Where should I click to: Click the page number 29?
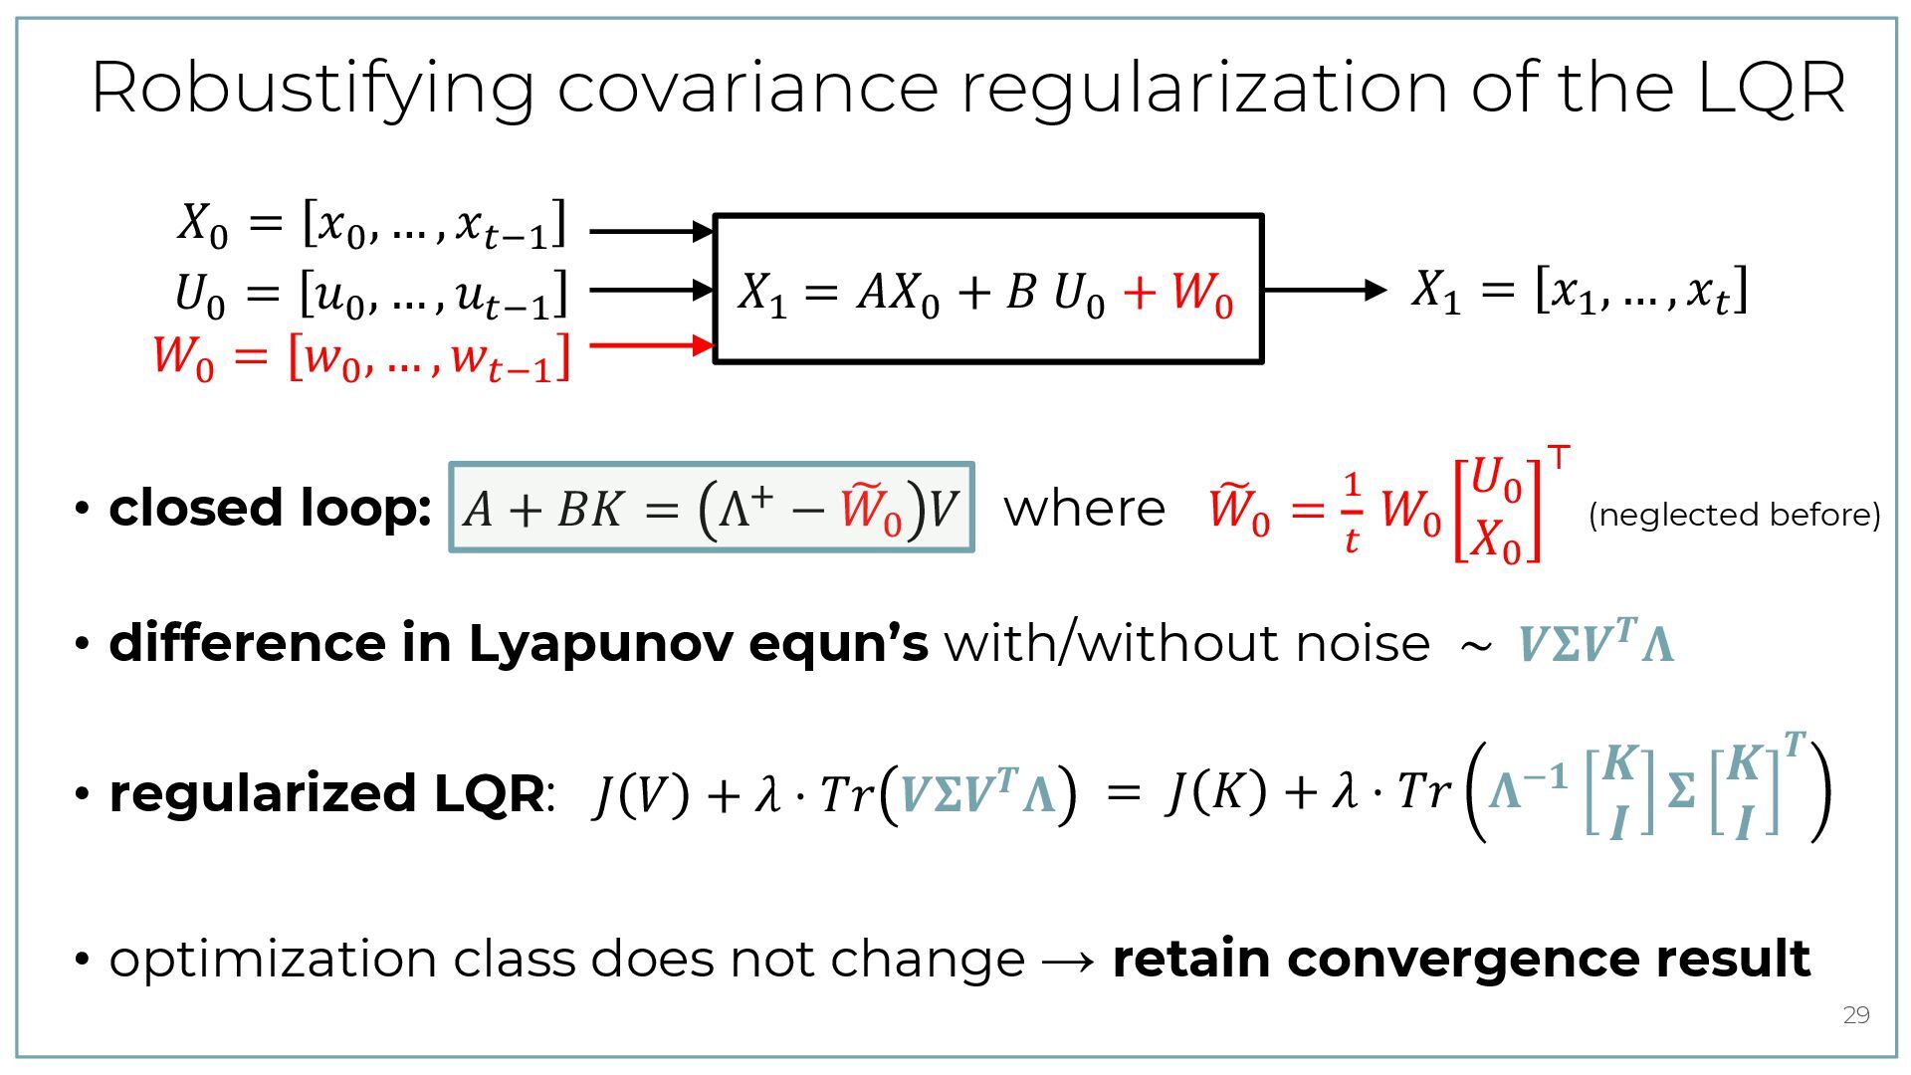(1856, 1015)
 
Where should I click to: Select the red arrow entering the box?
(652, 345)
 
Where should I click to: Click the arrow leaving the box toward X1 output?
(1324, 290)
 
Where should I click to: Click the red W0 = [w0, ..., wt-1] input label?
(361, 358)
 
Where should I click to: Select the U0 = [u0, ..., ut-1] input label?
(370, 295)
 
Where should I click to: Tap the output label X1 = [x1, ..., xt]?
(1580, 291)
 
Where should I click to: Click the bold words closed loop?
(270, 508)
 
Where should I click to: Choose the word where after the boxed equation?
(1084, 509)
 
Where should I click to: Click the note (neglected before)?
(1734, 515)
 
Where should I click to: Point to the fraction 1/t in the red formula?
(1351, 512)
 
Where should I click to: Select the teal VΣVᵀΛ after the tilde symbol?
(1595, 643)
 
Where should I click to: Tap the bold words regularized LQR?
(326, 794)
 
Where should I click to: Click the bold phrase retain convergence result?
(1460, 959)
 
